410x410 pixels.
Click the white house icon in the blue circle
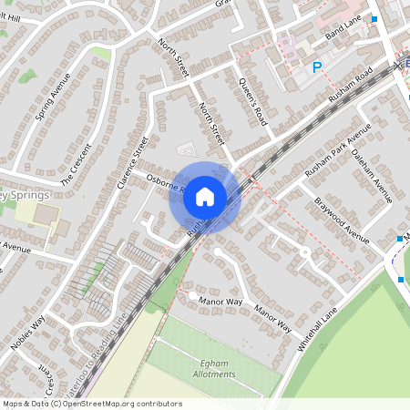[x=205, y=196]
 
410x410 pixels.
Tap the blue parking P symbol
[x=318, y=67]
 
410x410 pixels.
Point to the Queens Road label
[x=252, y=101]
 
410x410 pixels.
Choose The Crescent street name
[x=78, y=164]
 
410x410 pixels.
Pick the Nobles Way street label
[x=27, y=333]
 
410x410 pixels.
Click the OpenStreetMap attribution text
[x=92, y=404]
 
